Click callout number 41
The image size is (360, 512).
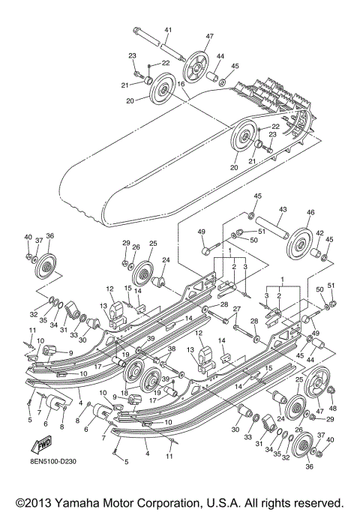click(167, 29)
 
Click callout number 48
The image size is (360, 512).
click(333, 409)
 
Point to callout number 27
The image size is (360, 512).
click(238, 309)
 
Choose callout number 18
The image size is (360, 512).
click(123, 391)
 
